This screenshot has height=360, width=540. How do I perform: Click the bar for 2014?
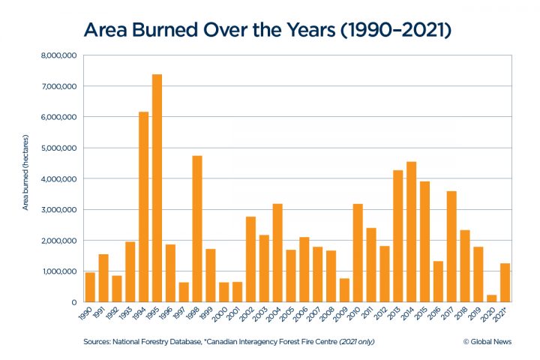point(411,232)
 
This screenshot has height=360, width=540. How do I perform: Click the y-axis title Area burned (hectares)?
point(25,178)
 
